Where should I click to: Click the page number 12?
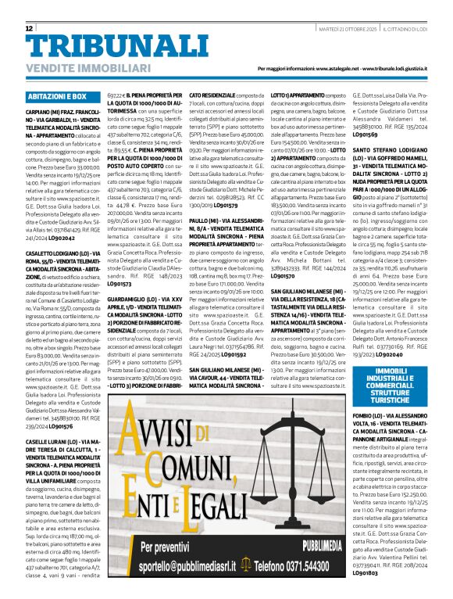click(x=29, y=28)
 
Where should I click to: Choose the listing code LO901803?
click(x=365, y=572)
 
